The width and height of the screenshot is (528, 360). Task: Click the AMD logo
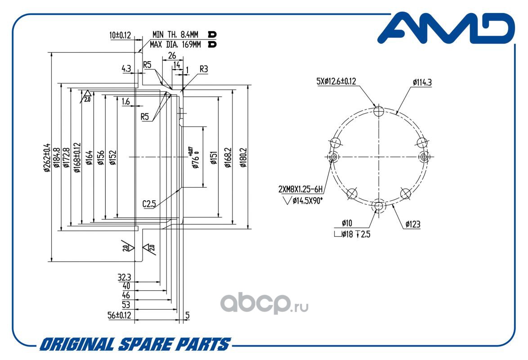coord(446,28)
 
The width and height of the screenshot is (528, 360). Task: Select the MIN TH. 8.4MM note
coord(175,34)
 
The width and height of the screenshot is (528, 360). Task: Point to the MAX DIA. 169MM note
coord(175,44)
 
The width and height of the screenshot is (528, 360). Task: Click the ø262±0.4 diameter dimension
coord(47,157)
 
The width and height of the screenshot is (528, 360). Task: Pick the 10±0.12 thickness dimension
coord(120,35)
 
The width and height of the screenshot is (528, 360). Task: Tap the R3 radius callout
coord(204,69)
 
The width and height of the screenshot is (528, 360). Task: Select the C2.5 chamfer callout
coord(149,203)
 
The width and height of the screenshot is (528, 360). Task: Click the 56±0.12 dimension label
coord(119,315)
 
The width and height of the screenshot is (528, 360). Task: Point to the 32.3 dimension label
coord(124,277)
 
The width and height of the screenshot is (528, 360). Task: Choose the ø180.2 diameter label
coord(243,157)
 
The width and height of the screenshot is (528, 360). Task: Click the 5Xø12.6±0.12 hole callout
coord(336,81)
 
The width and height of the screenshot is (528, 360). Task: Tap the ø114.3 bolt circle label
coord(422,82)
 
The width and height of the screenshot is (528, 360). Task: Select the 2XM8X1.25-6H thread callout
coord(300,189)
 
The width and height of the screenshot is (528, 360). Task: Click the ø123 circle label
coord(413,224)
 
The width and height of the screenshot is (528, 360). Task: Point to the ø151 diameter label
coord(214,157)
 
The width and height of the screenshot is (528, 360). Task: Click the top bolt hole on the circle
coord(379,111)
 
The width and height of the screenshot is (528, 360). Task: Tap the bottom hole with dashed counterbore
coord(379,205)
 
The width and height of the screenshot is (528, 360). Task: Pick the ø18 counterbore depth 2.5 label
coord(352,234)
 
